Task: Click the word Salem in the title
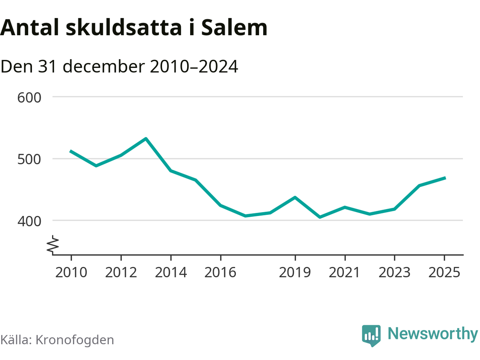234,27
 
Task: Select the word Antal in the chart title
30,27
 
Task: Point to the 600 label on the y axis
29,97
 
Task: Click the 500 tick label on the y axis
29,159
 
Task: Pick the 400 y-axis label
29,221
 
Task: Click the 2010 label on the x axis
71,272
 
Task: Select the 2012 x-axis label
121,272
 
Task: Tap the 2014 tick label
171,272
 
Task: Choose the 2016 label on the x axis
220,272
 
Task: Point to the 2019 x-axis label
295,272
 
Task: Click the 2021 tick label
345,272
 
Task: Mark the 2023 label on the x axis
394,272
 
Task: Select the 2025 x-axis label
444,272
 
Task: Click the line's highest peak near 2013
146,138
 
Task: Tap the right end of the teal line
445,178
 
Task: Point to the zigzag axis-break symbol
53,244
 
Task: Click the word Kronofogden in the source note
75,340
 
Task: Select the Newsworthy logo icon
371,334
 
